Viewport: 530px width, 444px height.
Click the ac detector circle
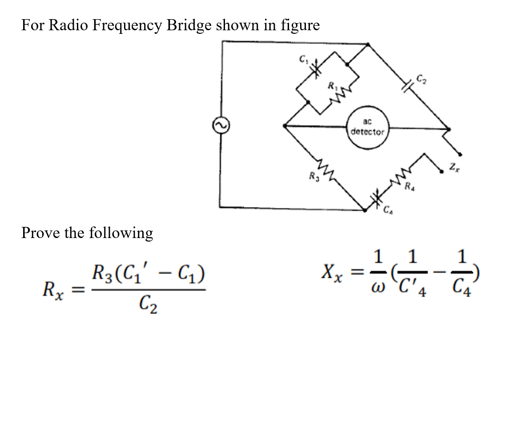click(367, 126)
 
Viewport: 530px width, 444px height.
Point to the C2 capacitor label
click(420, 79)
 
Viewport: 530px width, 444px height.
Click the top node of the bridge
click(367, 44)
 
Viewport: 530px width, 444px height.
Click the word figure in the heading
click(300, 25)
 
